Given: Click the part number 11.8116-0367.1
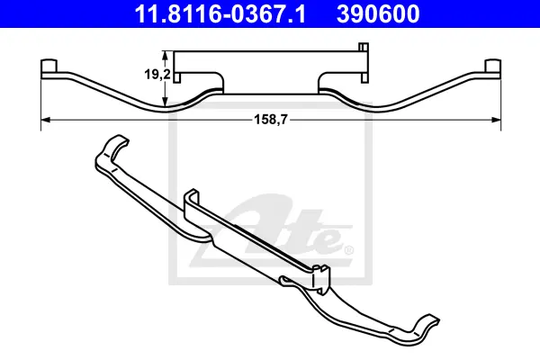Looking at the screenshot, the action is [x=220, y=13].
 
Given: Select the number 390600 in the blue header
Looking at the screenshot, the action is [x=378, y=13].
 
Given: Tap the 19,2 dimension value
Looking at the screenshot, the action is [x=157, y=74].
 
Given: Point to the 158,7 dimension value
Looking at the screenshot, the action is [x=270, y=120].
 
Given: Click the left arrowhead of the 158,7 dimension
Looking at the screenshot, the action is [x=46, y=120].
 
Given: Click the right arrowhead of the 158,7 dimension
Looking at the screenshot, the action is [x=495, y=120].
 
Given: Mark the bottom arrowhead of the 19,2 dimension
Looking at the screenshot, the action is [x=166, y=102].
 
